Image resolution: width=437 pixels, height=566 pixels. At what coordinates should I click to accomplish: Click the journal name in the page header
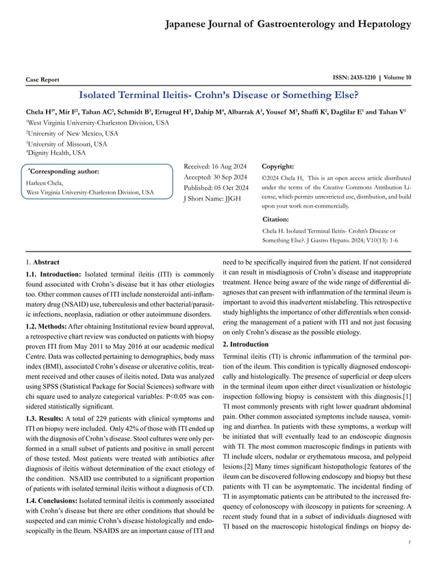point(288,25)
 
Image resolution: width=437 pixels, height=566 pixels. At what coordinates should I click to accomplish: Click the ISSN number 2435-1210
point(360,77)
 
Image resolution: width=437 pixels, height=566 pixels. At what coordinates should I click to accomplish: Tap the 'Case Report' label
point(42,79)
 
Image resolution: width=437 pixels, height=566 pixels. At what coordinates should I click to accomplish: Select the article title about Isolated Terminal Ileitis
point(218,94)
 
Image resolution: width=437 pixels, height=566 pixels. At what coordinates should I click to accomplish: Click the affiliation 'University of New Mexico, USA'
point(73,133)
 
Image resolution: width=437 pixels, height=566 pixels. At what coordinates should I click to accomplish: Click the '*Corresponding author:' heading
point(62,171)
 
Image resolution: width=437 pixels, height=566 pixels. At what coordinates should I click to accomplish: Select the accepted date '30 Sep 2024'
point(235,177)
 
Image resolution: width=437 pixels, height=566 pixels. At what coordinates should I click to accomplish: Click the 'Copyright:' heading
point(278,167)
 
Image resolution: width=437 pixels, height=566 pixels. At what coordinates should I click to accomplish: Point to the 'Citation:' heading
point(275,219)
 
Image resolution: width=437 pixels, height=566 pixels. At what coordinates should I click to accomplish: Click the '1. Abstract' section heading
point(42,262)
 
